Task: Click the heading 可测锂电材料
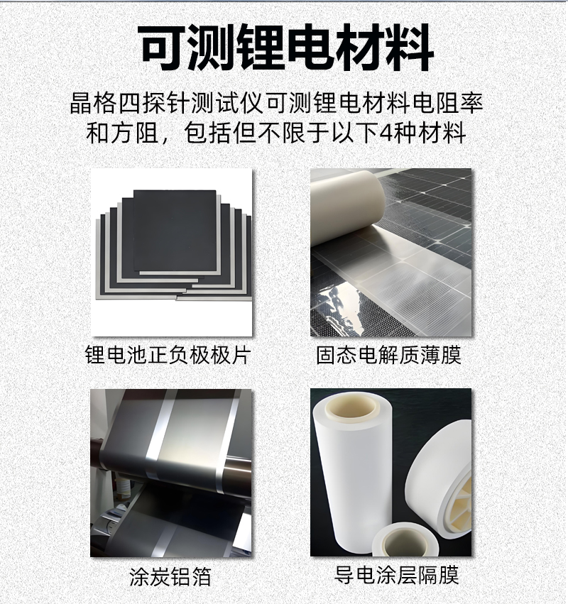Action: (287, 48)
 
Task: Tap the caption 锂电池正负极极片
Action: (168, 355)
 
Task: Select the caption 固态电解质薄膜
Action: (389, 355)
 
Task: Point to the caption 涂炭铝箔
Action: (170, 576)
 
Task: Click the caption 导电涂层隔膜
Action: (396, 575)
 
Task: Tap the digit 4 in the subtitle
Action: (386, 133)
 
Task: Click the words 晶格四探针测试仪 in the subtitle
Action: (166, 103)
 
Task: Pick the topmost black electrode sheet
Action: (175, 231)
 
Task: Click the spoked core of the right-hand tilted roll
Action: (461, 501)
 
